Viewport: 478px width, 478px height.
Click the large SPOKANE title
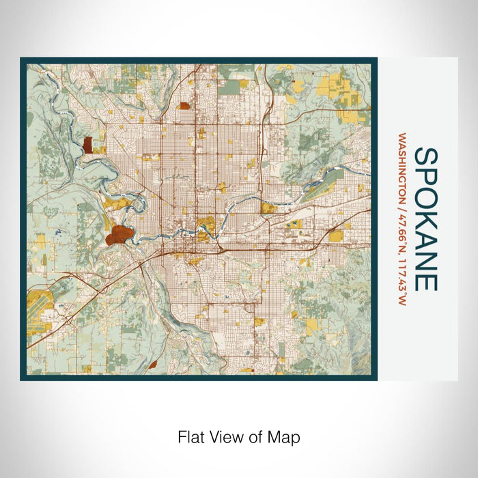(424, 219)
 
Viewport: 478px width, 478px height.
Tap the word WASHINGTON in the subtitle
(402, 167)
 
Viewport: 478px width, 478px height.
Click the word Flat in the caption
(191, 436)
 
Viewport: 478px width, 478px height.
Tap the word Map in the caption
(286, 436)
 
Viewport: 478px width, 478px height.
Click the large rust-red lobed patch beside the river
(117, 235)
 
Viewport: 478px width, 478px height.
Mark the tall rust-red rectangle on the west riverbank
(87, 145)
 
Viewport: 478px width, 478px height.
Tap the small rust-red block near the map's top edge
(184, 106)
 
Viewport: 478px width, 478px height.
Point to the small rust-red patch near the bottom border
(151, 365)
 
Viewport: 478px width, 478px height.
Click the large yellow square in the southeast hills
(312, 326)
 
